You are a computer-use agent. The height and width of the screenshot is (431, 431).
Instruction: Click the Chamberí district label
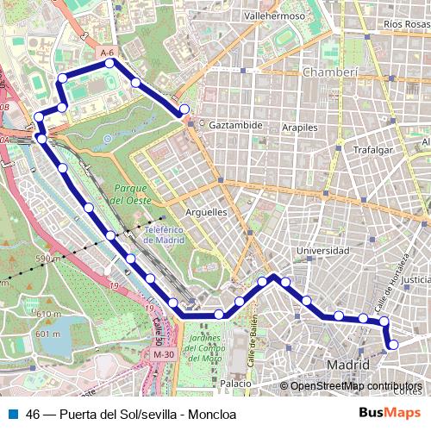pyautogui.click(x=329, y=72)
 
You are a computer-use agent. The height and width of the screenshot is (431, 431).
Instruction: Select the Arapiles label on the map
pyautogui.click(x=300, y=127)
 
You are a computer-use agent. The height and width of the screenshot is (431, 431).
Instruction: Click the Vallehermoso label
pyautogui.click(x=274, y=16)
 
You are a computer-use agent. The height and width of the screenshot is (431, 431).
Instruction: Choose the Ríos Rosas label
pyautogui.click(x=406, y=24)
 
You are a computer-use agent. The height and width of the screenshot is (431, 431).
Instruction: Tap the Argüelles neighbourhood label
pyautogui.click(x=206, y=211)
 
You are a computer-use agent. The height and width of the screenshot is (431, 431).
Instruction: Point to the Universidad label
pyautogui.click(x=322, y=251)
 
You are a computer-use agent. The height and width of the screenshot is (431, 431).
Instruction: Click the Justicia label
pyautogui.click(x=417, y=279)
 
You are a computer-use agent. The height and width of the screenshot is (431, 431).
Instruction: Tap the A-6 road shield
pyautogui.click(x=107, y=53)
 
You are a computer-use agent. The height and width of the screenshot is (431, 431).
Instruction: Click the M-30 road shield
pyautogui.click(x=163, y=354)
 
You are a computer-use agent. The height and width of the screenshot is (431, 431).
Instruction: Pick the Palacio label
pyautogui.click(x=235, y=382)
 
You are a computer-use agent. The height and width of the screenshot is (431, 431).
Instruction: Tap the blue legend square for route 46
pyautogui.click(x=11, y=414)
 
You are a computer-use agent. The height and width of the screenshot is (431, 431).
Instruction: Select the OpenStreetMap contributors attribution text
pyautogui.click(x=356, y=386)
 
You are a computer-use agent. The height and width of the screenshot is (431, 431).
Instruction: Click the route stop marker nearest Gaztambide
pyautogui.click(x=184, y=109)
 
